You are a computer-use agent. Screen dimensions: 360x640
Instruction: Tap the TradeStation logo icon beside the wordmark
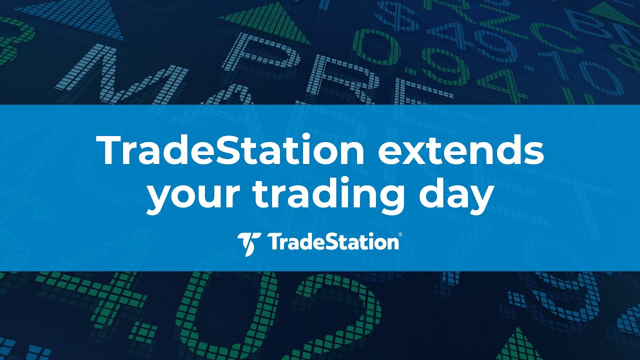[248, 243]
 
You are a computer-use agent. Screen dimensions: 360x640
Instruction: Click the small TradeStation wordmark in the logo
[332, 243]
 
